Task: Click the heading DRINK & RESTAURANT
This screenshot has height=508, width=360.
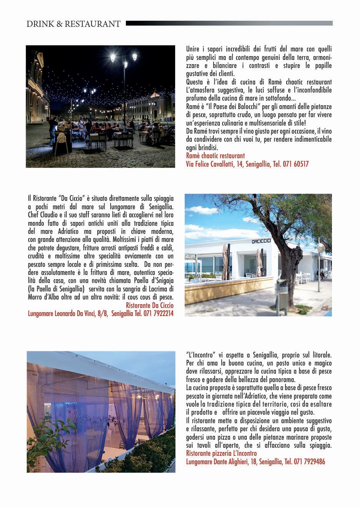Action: pyautogui.click(x=73, y=24)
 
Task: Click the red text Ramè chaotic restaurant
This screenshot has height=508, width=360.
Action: pyautogui.click(x=215, y=156)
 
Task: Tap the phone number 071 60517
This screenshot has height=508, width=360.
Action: pyautogui.click(x=295, y=164)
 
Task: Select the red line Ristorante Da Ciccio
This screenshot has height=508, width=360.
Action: pyautogui.click(x=149, y=305)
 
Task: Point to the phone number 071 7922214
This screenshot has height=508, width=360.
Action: pyautogui.click(x=158, y=313)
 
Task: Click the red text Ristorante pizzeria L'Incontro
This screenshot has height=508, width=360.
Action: pyautogui.click(x=221, y=453)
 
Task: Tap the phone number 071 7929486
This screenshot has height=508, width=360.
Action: pyautogui.click(x=310, y=462)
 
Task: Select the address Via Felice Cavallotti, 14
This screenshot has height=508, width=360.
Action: pyautogui.click(x=214, y=164)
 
